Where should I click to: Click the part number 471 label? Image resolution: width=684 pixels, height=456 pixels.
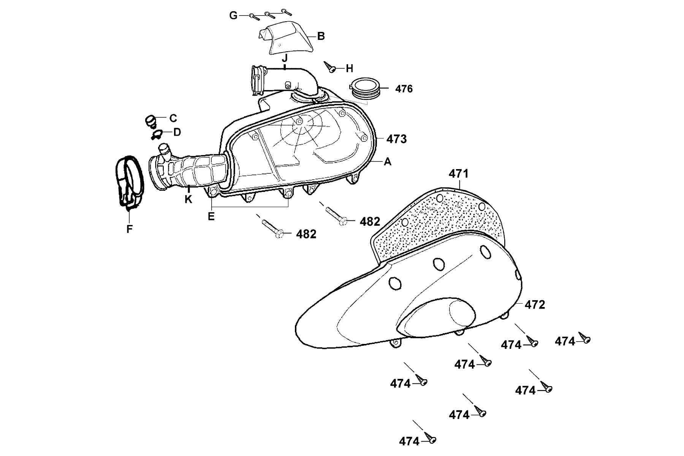459,174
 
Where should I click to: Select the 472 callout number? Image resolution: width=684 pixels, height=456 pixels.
535,304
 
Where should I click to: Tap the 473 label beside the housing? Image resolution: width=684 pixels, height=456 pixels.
396,139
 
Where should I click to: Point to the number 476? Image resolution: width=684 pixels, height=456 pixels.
404,89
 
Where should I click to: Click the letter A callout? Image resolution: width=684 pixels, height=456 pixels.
387,162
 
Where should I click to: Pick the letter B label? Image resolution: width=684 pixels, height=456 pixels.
321,36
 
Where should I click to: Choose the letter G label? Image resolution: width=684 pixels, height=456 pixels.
233,16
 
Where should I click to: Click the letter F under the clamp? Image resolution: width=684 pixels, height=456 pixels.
130,229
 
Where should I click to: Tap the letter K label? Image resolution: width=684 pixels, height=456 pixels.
188,199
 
